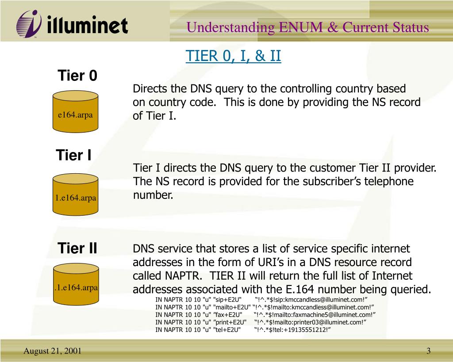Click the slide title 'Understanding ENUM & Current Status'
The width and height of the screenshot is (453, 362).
click(307, 27)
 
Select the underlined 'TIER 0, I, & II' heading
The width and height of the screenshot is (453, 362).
click(233, 56)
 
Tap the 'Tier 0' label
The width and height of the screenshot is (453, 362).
click(77, 76)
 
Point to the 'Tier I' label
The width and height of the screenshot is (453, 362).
click(73, 156)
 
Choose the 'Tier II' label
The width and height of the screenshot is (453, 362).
click(77, 248)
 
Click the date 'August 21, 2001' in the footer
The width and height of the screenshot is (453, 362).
click(52, 351)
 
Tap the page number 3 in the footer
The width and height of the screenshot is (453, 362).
click(428, 351)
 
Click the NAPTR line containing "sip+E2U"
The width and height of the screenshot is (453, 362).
click(261, 299)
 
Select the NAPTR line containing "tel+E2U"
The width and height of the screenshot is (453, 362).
click(243, 330)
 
